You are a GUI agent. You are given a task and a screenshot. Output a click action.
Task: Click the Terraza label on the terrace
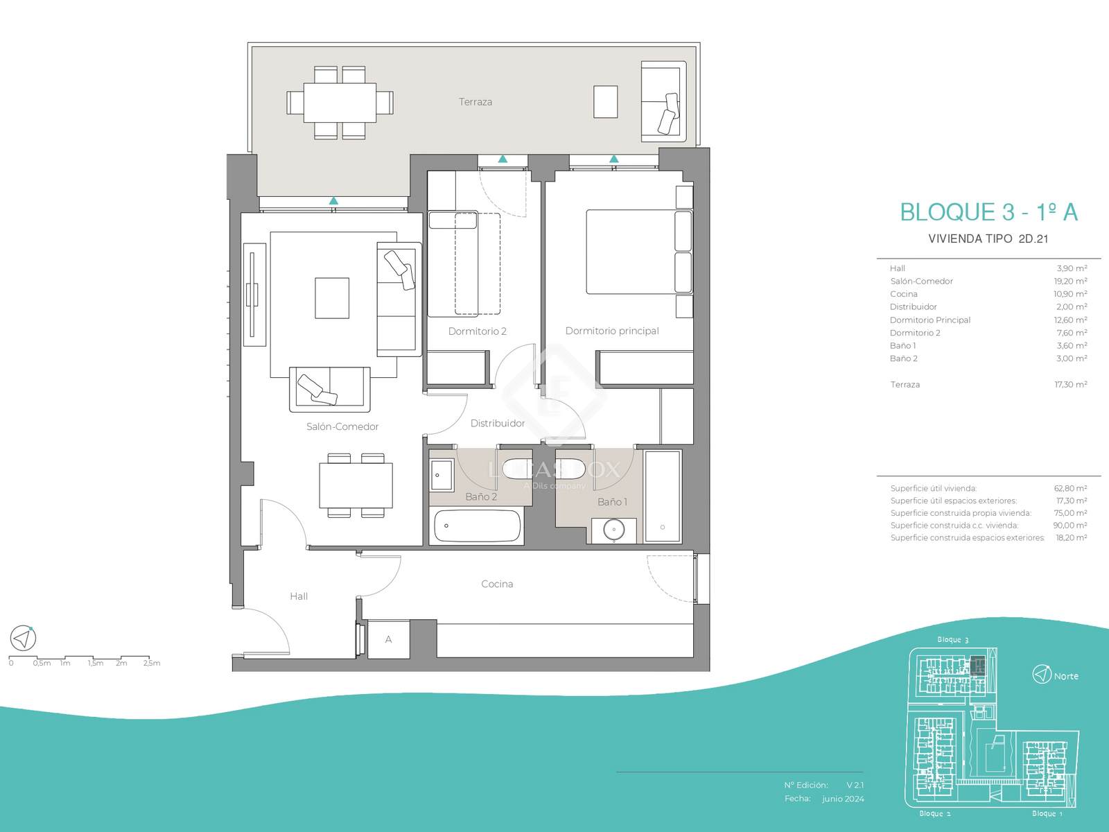coord(475,101)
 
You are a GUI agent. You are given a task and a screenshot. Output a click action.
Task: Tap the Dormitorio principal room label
coord(612,331)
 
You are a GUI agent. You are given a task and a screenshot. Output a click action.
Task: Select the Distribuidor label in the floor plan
coord(497,424)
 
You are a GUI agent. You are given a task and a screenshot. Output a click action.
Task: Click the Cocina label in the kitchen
coord(497,584)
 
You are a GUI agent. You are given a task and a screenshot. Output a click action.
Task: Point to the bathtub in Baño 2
coord(477,526)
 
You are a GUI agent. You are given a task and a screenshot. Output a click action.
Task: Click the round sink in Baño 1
coord(614,530)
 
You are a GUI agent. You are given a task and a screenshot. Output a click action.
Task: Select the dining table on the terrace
coord(340,103)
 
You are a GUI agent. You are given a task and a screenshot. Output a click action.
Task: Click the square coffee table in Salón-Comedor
coord(332,298)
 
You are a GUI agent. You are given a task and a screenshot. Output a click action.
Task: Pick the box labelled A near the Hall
coord(388,639)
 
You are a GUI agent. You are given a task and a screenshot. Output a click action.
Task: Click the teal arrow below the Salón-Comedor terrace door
coord(333,200)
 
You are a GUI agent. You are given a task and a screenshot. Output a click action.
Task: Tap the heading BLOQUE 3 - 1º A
coord(989,212)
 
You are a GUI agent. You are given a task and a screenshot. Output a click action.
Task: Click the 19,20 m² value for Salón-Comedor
coord(1070,281)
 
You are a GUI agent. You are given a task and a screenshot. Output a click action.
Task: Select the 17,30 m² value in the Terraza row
coord(1071,384)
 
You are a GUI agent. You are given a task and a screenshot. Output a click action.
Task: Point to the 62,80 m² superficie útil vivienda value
coord(1070,489)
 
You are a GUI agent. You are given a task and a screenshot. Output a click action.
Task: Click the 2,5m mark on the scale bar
coord(152,664)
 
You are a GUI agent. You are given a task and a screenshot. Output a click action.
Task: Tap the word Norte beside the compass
coord(1066,676)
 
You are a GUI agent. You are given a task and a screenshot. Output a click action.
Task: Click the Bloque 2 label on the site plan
coord(935,813)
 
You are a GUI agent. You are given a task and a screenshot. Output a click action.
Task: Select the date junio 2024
coord(843,799)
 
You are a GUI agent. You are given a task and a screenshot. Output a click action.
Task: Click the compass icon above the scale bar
coord(23,638)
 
